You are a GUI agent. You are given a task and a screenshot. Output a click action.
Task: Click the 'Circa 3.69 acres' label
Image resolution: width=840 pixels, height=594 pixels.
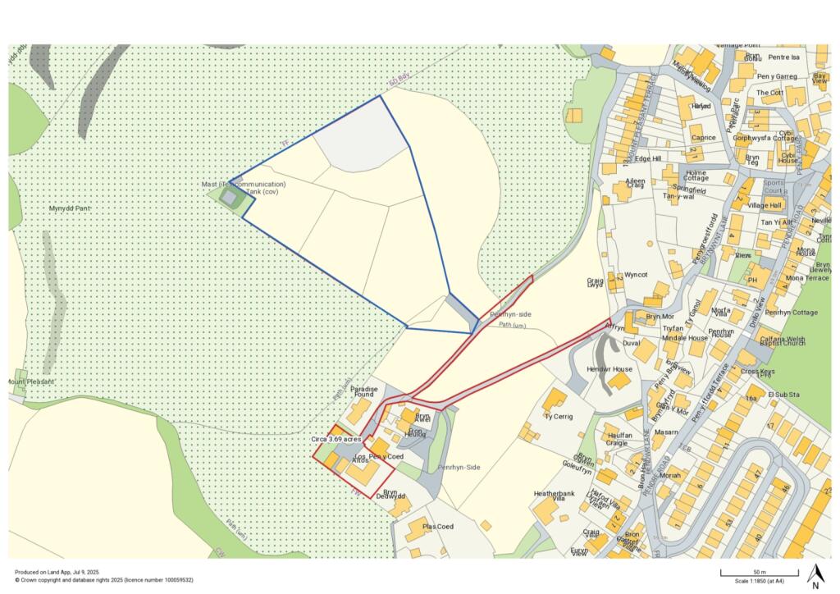336,440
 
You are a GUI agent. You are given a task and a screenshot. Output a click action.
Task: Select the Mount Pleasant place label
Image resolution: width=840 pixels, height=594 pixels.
30,382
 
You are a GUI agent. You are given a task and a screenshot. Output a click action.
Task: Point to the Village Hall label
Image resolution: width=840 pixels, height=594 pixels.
765,205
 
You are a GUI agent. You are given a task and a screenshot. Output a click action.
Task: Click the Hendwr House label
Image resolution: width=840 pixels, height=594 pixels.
609,369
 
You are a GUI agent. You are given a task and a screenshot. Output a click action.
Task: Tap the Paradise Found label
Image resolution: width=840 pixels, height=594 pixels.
363,391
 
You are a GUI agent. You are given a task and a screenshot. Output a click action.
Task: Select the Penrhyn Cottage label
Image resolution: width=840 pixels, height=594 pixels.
790,313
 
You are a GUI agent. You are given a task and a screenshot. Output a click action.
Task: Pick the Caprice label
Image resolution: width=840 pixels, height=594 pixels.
703,138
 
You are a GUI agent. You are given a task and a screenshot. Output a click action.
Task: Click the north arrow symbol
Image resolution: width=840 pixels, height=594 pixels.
815,576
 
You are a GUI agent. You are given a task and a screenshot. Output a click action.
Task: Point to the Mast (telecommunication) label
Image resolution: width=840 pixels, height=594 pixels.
244,185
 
